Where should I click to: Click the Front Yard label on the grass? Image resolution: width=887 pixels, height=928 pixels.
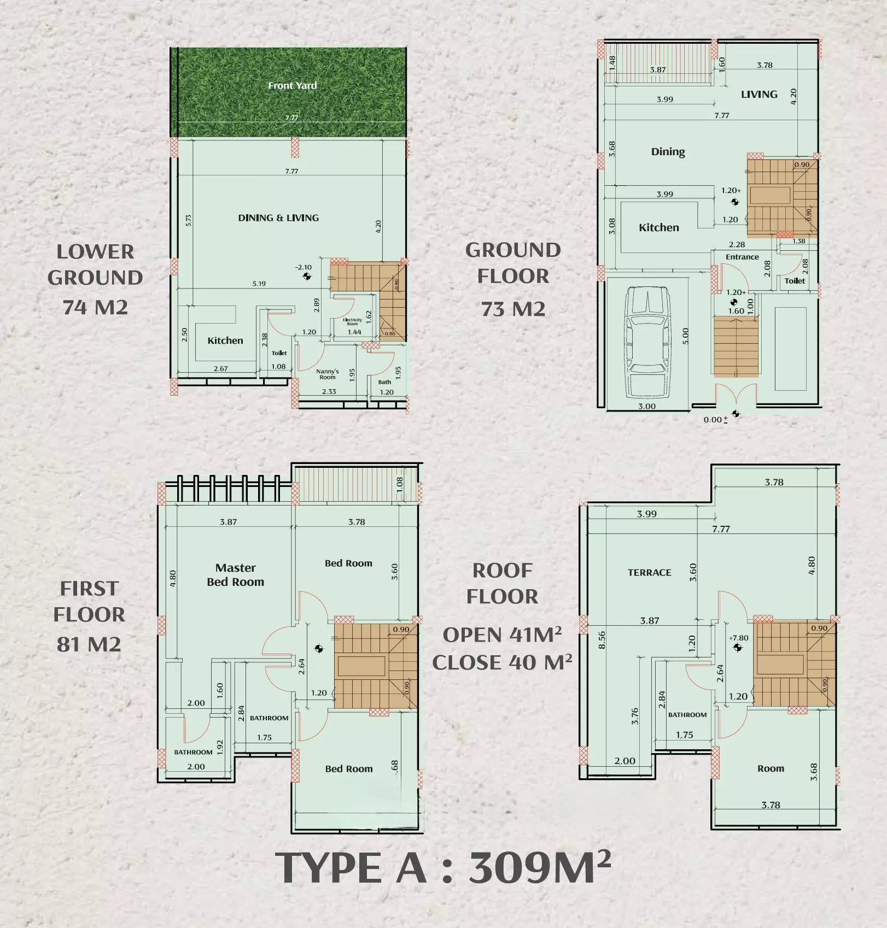click(x=292, y=85)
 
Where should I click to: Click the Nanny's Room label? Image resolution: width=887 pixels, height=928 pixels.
click(x=328, y=374)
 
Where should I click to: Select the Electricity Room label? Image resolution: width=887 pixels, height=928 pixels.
click(x=352, y=321)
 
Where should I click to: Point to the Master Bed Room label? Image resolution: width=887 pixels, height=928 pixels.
click(x=235, y=574)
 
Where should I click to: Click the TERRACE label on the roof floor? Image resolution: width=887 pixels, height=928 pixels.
click(x=649, y=572)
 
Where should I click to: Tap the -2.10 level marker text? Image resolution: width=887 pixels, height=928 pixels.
click(x=304, y=267)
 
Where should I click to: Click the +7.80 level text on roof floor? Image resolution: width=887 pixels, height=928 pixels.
click(x=739, y=638)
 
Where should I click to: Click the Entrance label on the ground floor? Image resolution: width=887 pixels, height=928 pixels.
click(x=742, y=256)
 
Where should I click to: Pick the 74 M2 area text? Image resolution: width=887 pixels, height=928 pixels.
click(x=95, y=307)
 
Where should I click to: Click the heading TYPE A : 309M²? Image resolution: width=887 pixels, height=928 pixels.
click(x=443, y=868)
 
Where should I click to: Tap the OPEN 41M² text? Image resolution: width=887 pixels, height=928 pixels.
click(x=501, y=635)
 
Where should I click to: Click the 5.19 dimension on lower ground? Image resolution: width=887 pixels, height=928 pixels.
click(x=259, y=283)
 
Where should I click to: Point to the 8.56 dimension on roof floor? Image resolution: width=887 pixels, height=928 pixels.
click(x=602, y=640)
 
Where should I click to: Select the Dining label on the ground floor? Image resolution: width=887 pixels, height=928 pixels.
click(x=668, y=151)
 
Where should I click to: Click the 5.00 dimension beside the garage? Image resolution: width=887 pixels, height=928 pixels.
click(x=686, y=336)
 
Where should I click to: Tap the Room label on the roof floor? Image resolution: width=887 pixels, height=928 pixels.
click(x=771, y=768)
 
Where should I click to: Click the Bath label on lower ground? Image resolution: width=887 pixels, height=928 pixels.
click(x=384, y=382)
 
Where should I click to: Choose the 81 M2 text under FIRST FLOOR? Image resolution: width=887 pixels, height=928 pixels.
click(x=89, y=644)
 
